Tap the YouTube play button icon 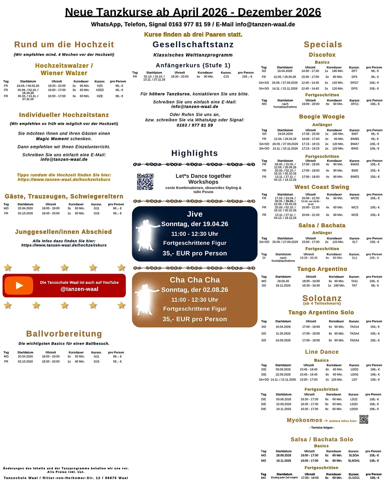tap(19, 285)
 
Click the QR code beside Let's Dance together tap(145, 182)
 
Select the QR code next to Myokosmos tap(364, 420)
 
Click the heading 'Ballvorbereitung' tap(64, 334)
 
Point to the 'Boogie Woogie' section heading tap(321, 116)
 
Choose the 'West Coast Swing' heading tap(321, 187)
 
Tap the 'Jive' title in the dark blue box tap(195, 214)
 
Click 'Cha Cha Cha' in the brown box tap(195, 280)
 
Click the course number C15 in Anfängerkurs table tap(226, 76)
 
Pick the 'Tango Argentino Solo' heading tap(321, 312)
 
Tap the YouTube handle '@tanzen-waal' tap(79, 289)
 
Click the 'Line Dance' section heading tap(321, 351)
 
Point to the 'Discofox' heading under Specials tap(322, 55)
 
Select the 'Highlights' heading tap(195, 153)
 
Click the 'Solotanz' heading tap(322, 298)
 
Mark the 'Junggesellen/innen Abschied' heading tap(63, 232)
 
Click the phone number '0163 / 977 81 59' tap(195, 125)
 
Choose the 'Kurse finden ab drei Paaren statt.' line tap(193, 35)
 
